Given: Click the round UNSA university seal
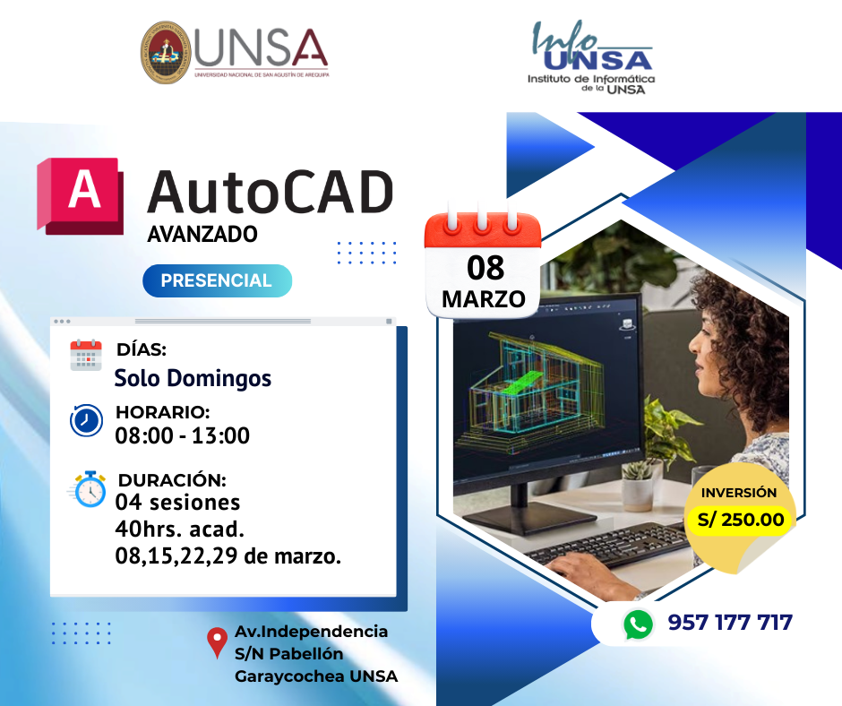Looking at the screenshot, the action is pos(166,53).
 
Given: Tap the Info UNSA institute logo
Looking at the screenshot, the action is pos(591,57).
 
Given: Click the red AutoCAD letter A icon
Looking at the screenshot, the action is pos(80,196).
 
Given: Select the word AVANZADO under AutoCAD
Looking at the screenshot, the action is pos(202,234).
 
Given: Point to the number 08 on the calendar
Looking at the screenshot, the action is pos(485,268).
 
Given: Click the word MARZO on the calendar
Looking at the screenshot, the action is pos(484,299).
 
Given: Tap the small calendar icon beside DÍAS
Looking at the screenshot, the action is pos(86,355).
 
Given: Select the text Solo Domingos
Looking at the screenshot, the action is pos(193,378).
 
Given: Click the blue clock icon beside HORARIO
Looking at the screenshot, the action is pos(86,420).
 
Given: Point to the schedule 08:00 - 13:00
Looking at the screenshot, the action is pos(183,435).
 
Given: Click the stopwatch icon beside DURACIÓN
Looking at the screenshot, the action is pos(88,489).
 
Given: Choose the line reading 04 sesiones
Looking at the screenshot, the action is pos(177,503).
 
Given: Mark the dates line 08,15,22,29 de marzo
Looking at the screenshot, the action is pos(228,556).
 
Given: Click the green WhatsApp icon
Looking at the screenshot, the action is pos(638,624).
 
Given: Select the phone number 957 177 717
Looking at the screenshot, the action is pos(730,623).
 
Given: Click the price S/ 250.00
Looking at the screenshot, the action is pos(741,520).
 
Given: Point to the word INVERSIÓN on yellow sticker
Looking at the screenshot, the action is pos(739,493).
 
